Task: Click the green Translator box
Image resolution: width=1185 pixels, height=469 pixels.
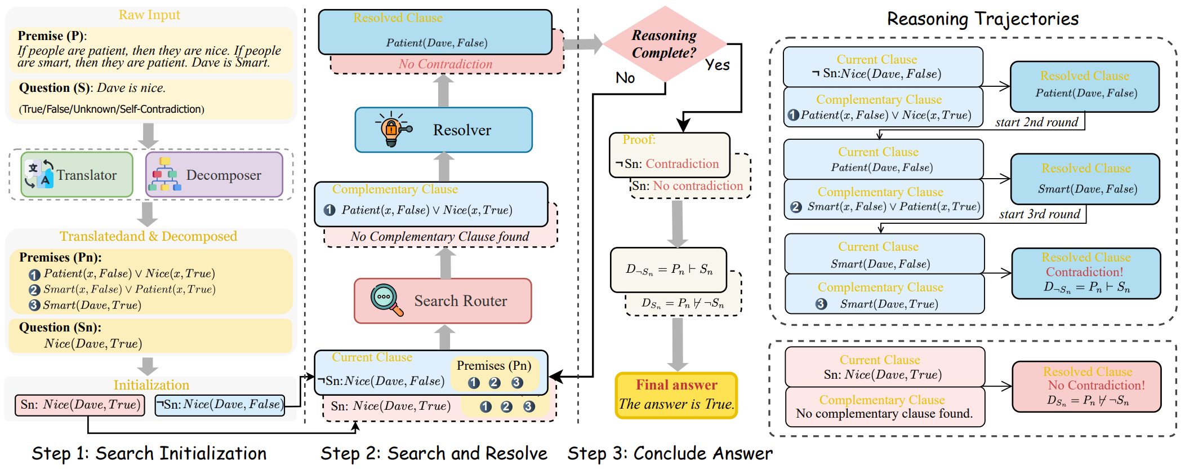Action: point(77,175)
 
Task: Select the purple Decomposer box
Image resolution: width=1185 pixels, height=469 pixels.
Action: point(215,175)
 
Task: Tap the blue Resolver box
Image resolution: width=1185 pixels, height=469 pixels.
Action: point(443,130)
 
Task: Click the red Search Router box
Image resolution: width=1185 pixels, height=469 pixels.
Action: point(443,301)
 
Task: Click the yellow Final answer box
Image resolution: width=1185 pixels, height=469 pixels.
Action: point(676,395)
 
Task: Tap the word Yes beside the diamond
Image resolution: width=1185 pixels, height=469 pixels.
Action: point(718,65)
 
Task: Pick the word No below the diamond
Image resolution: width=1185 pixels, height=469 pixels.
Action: point(625,78)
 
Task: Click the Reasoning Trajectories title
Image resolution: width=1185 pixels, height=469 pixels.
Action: point(983,19)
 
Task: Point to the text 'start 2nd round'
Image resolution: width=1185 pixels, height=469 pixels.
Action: point(1036,122)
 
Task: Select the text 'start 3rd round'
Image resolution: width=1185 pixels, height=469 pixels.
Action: point(1040,214)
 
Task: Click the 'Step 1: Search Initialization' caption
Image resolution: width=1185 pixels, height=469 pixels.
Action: point(149,453)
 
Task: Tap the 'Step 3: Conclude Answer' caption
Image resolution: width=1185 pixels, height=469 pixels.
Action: point(670,453)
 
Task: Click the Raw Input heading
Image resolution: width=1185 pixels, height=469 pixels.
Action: point(149,15)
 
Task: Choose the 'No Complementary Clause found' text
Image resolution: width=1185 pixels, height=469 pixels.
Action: point(439,237)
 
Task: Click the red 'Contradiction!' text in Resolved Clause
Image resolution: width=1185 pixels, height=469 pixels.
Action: point(1084,272)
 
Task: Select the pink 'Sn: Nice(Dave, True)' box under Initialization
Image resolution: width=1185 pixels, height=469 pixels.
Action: point(79,405)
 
